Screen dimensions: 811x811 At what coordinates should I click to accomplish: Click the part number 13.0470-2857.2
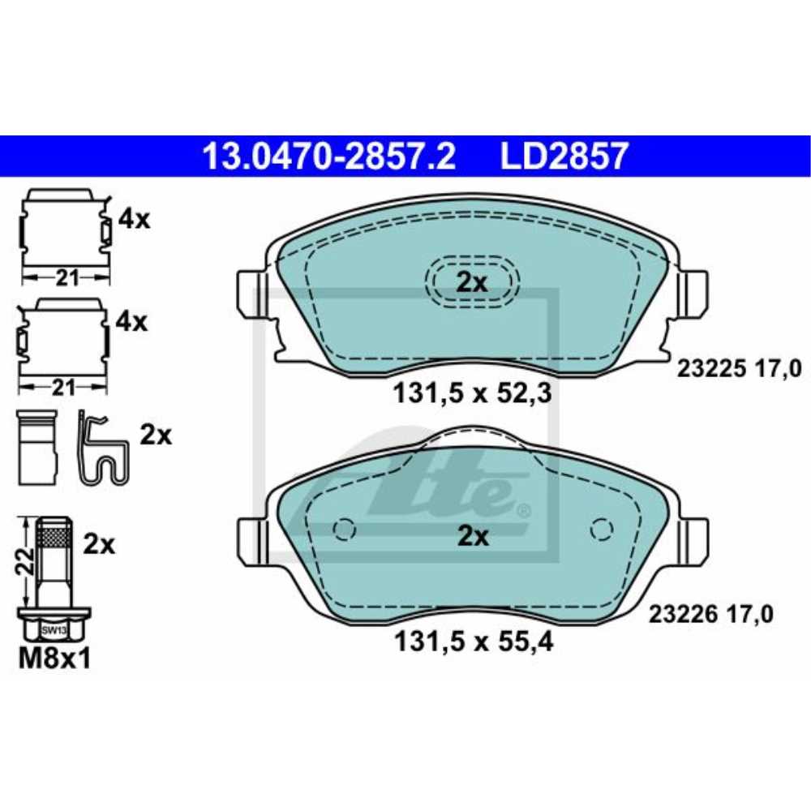coord(328,155)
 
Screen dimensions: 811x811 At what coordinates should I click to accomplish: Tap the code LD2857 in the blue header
coord(564,155)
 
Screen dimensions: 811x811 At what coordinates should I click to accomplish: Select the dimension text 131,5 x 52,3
coord(473,394)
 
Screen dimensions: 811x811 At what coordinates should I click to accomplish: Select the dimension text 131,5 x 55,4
coord(473,642)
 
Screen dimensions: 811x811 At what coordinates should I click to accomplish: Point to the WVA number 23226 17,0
coord(711,614)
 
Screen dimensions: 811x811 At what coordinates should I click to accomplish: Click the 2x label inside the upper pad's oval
coord(471,282)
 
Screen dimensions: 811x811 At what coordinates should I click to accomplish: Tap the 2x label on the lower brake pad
coord(471,536)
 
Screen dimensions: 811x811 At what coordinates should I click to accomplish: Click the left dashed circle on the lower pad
coord(345,529)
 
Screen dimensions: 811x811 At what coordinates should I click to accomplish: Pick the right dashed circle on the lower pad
coord(602,529)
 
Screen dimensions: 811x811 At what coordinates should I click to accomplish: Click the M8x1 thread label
coord(54,659)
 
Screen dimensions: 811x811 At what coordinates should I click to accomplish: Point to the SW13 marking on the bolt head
coord(54,629)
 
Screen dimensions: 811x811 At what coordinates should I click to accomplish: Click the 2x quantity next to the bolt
coord(99,544)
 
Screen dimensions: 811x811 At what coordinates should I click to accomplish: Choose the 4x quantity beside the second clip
coord(131,322)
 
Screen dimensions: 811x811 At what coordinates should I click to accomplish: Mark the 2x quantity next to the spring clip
coord(156,436)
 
